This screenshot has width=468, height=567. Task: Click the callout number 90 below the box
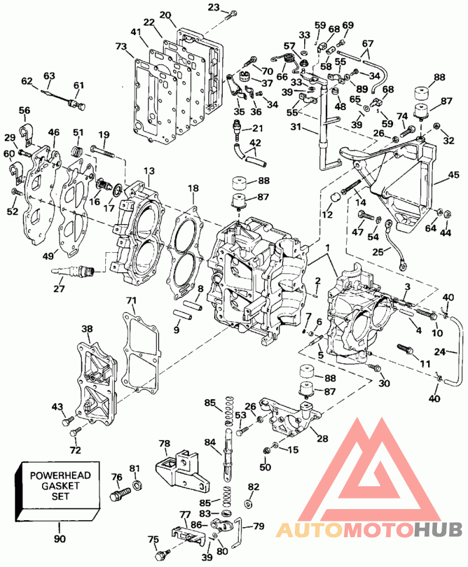[60, 539]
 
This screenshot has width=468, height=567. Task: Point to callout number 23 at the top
[213, 8]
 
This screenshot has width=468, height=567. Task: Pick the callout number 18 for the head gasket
[194, 188]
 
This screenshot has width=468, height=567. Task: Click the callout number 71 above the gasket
[130, 301]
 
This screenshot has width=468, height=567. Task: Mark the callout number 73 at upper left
[121, 46]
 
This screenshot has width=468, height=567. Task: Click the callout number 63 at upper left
[49, 75]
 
